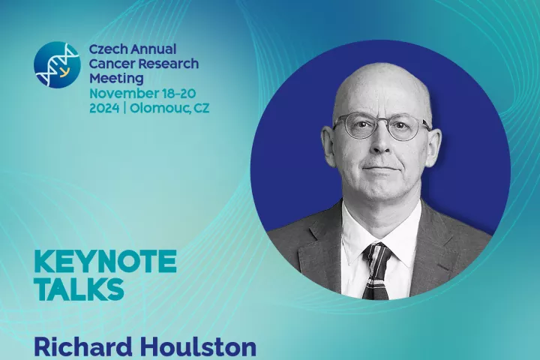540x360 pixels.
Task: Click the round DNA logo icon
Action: coord(57,64)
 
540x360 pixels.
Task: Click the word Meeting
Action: coord(116,79)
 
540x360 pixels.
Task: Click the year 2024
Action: coord(104,108)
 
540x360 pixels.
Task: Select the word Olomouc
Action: coord(159,109)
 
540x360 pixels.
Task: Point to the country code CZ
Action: coord(202,108)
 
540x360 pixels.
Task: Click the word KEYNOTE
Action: coord(106,262)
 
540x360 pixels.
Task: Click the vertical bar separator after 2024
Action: coord(124,109)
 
